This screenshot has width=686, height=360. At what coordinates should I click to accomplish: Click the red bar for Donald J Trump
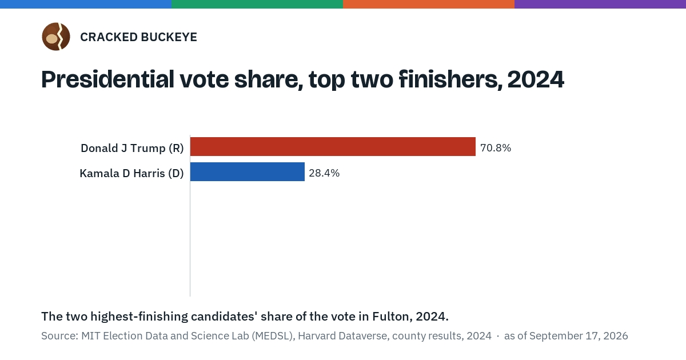(x=333, y=147)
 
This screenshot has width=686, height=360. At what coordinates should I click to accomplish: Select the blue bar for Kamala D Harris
(x=248, y=172)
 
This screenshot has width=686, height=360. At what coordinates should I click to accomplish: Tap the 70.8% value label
(x=496, y=148)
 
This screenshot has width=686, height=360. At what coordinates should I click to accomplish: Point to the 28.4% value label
(x=324, y=173)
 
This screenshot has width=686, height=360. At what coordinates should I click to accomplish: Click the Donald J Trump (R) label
(x=132, y=148)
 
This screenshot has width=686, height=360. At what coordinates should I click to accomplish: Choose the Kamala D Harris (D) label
(x=131, y=173)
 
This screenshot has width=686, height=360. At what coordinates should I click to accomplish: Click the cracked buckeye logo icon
(x=56, y=37)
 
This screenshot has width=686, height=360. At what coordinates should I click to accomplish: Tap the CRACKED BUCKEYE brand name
(x=139, y=37)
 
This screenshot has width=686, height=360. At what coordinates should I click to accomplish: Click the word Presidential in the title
(x=108, y=79)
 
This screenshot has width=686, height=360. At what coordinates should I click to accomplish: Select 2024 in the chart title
(x=536, y=79)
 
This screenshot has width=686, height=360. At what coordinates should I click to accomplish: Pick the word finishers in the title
(x=450, y=79)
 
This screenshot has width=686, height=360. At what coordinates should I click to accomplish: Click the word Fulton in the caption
(x=390, y=317)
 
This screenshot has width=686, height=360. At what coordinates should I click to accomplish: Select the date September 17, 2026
(x=579, y=336)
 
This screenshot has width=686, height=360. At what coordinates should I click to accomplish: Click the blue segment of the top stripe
(x=86, y=4)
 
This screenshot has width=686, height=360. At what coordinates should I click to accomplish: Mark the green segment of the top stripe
(x=257, y=4)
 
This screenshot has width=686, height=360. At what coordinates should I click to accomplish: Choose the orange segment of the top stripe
(x=429, y=4)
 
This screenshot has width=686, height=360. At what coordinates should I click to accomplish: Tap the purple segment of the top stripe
(x=600, y=4)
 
